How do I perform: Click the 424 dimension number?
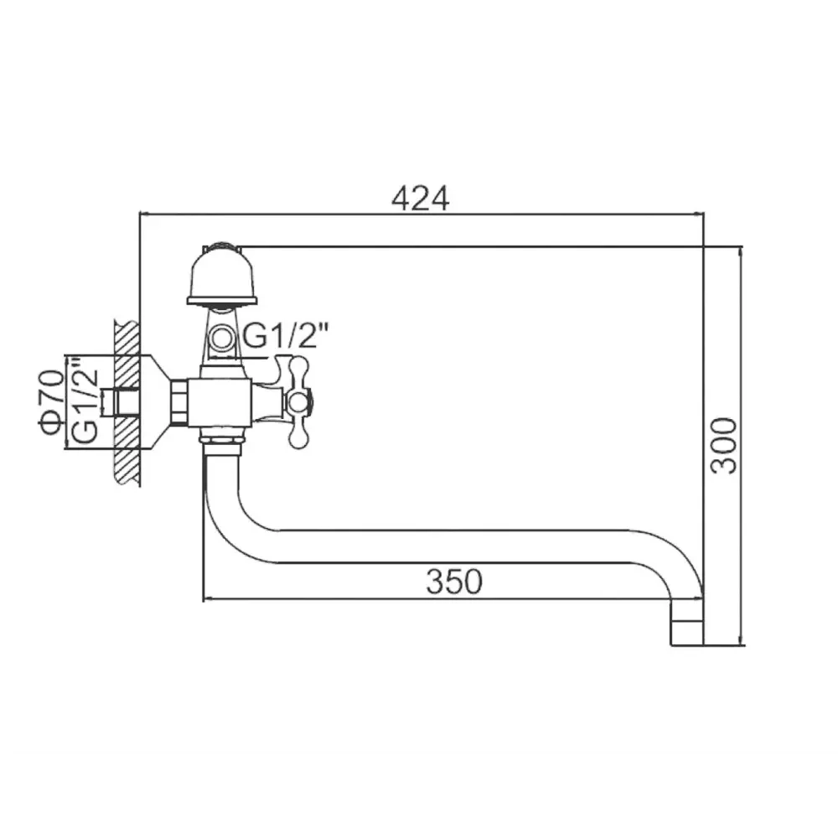point(421,199)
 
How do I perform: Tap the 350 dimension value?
point(453,582)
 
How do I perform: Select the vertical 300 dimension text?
point(724,446)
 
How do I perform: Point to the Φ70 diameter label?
point(51,402)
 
